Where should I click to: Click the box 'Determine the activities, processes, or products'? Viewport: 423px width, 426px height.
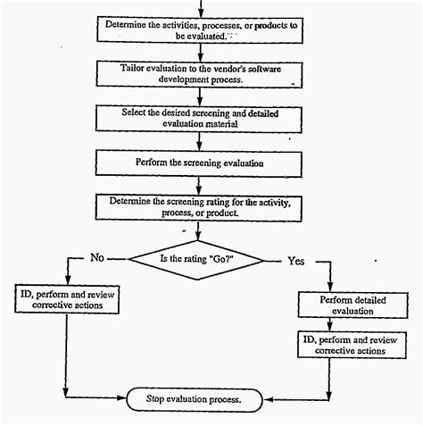[x=203, y=30]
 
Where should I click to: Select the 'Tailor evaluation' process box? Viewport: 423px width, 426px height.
[x=203, y=73]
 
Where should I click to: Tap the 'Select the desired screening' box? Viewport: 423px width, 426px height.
[x=203, y=120]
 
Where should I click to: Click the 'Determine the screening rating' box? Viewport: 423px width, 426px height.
[x=203, y=207]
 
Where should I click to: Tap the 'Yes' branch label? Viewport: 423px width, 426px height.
[x=296, y=261]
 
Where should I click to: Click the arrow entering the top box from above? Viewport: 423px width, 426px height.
[x=203, y=8]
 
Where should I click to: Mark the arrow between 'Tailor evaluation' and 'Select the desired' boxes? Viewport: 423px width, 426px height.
[x=203, y=96]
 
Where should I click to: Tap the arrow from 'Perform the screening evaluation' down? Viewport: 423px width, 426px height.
[x=203, y=185]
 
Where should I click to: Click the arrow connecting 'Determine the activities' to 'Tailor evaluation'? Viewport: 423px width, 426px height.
[x=203, y=52]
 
